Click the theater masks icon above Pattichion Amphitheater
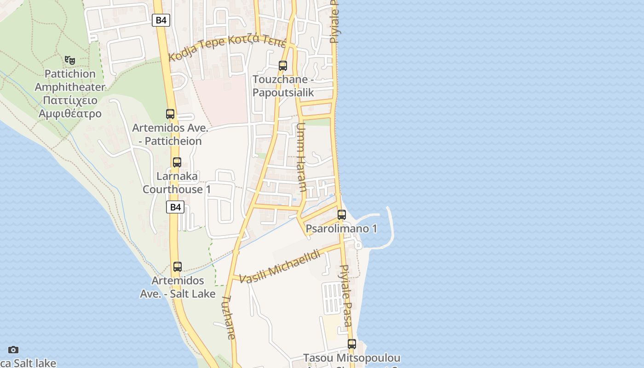click(70, 60)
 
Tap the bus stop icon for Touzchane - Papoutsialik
click(283, 66)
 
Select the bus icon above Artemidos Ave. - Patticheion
click(170, 114)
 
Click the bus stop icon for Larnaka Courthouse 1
click(177, 162)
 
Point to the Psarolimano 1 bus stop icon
click(342, 215)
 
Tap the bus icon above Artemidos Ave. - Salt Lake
click(178, 267)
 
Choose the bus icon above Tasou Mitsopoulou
click(352, 344)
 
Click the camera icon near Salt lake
click(13, 350)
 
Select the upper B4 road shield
click(161, 20)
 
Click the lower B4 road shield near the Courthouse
click(175, 207)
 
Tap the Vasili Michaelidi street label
click(280, 266)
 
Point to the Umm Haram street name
click(301, 157)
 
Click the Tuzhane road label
click(229, 317)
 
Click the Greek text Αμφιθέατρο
click(70, 114)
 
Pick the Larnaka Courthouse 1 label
click(177, 183)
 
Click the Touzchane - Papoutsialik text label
click(283, 86)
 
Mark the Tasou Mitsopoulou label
click(352, 358)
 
